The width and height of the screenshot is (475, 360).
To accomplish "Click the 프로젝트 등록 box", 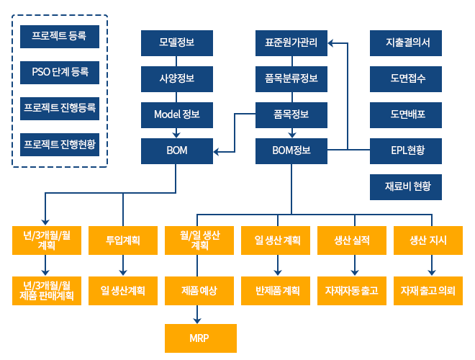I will pos(59,35).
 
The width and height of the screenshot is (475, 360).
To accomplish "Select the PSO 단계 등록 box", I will pos(59,71).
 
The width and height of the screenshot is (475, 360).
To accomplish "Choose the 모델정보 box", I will pos(176,42).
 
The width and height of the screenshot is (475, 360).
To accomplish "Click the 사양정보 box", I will pos(176,78).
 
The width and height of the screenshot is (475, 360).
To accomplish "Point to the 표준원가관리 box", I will pos(291,42).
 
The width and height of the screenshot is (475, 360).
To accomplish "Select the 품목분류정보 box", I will pos(291,78).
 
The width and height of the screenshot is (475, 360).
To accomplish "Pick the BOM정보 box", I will pos(291,150).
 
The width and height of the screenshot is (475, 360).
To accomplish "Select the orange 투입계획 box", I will pos(123,240).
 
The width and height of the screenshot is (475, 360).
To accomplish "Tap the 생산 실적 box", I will pos(353,240).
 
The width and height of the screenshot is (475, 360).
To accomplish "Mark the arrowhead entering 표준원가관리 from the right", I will pos(332,43).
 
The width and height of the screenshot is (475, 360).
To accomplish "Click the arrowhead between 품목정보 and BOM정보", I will pos(291,132).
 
